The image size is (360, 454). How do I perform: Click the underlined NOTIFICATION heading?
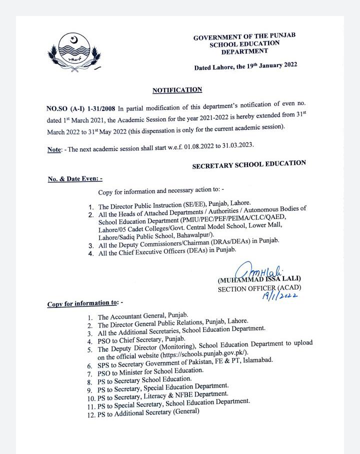177,90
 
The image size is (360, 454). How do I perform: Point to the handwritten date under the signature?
279,296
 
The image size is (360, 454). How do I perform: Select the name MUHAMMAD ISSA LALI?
259,279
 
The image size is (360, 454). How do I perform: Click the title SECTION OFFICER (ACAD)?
259,288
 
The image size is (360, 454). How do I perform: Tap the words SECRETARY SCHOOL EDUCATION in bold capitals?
249,164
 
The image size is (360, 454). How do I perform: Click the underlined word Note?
54,149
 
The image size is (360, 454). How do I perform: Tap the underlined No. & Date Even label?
75,178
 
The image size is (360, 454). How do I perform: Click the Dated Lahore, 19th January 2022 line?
245,66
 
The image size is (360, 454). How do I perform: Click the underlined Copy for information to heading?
82,303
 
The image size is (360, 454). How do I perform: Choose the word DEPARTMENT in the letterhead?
244,51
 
